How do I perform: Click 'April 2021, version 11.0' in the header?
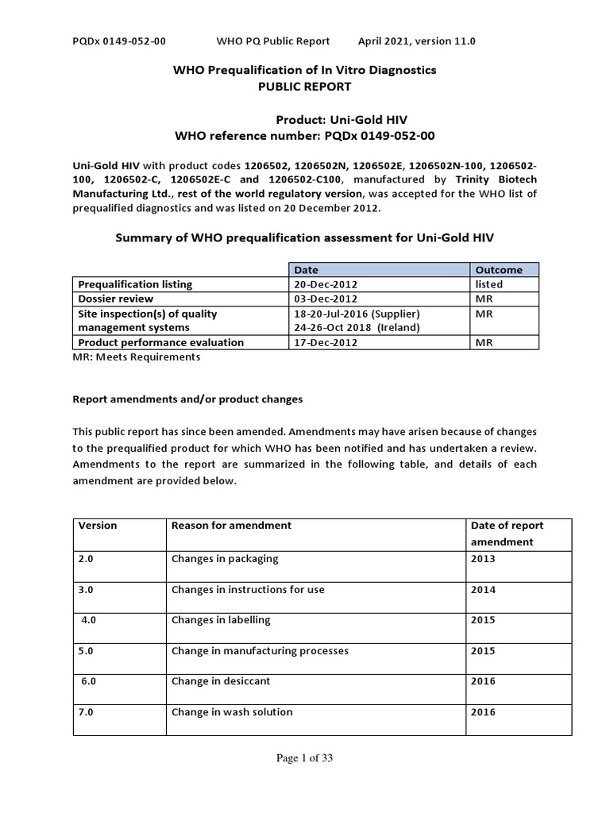click(417, 41)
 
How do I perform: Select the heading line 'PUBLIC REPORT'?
click(304, 87)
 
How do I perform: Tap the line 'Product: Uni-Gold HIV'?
click(342, 120)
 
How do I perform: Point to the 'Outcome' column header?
click(498, 270)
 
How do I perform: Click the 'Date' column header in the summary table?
click(306, 270)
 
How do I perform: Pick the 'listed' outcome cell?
click(488, 284)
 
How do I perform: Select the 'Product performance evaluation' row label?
click(160, 342)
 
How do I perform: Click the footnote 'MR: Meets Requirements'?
click(137, 357)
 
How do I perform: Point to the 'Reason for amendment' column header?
click(231, 526)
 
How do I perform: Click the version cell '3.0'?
click(86, 590)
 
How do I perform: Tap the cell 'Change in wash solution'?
click(232, 712)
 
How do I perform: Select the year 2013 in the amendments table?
click(483, 559)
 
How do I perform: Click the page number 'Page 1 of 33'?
click(304, 758)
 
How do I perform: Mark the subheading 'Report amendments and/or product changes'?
click(187, 399)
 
